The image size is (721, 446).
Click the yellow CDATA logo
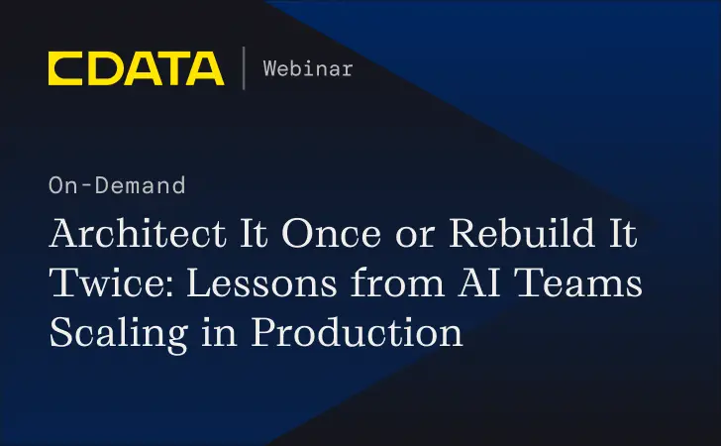136,68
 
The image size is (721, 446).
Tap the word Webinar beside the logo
308,68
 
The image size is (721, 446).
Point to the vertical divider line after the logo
244,68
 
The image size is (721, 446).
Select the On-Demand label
117,185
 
